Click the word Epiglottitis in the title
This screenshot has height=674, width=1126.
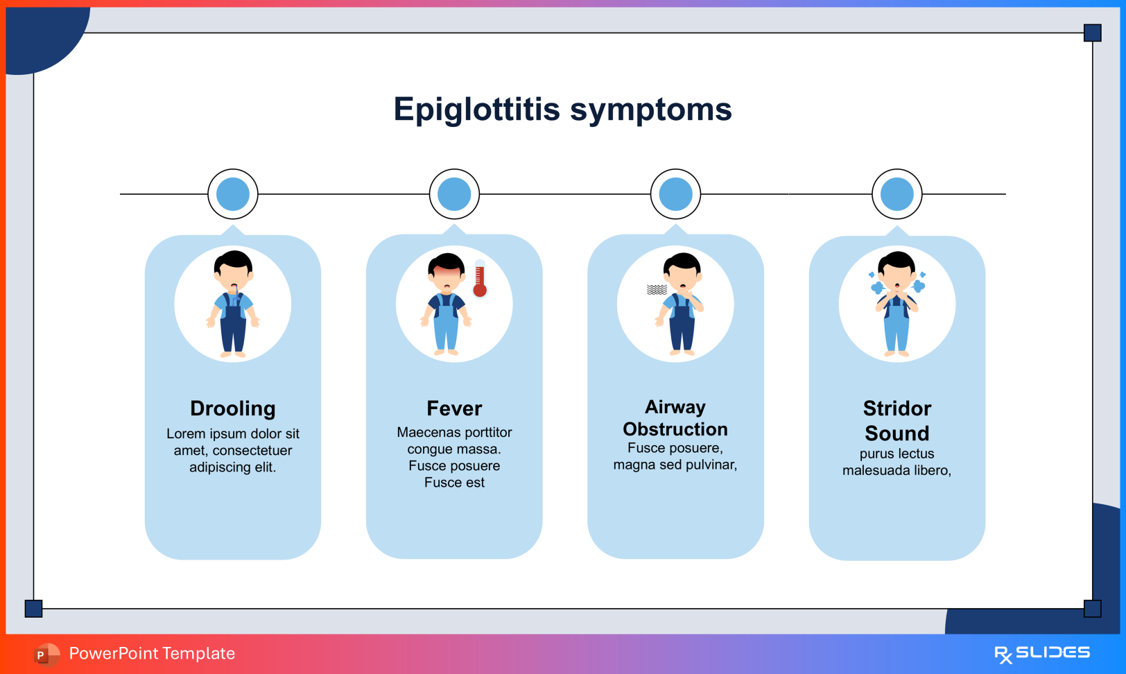[476, 110]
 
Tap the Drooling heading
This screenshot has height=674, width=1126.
[233, 408]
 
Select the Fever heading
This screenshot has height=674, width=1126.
[454, 408]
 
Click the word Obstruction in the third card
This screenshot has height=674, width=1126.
[675, 429]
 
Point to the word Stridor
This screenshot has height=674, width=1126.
[897, 408]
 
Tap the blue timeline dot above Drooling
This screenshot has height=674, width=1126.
[233, 194]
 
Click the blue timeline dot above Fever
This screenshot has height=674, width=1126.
[454, 194]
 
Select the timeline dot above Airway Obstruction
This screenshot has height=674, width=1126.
[675, 194]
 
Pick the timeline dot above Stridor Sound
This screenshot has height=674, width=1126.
[897, 194]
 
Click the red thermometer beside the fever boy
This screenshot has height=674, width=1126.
[480, 279]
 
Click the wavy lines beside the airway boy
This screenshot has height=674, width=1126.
[657, 289]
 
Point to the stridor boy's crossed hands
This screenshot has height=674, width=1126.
[897, 300]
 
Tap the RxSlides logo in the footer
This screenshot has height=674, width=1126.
[1042, 653]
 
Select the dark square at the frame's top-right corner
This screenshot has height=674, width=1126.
[1092, 33]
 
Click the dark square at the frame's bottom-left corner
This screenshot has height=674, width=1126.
[33, 608]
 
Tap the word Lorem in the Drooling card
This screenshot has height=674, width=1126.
[185, 434]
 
